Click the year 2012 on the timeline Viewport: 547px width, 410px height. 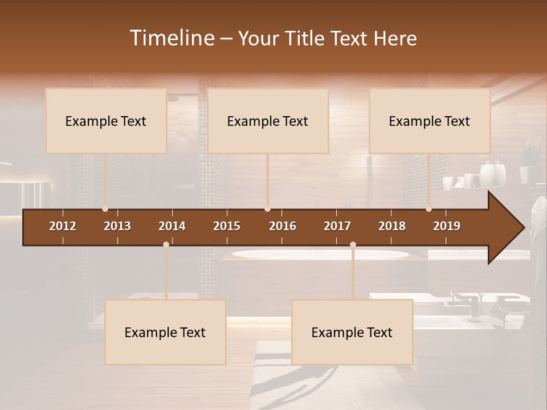[x=63, y=226]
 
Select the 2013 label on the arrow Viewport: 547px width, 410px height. [x=117, y=226]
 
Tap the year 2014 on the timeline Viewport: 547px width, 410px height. [x=172, y=226]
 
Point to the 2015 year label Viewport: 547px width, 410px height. [x=227, y=226]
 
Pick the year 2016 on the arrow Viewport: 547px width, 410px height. [x=283, y=226]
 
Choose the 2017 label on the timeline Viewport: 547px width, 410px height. [x=337, y=226]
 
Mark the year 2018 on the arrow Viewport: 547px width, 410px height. [x=392, y=226]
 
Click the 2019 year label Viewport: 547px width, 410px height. [x=447, y=226]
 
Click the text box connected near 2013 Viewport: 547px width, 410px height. [x=106, y=121]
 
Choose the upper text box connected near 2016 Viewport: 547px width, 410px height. [x=268, y=121]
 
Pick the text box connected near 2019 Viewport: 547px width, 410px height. [x=430, y=121]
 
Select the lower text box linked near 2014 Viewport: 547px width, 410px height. [x=165, y=332]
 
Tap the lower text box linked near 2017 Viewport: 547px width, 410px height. [x=352, y=332]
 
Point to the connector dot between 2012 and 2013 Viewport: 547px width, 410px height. [x=105, y=209]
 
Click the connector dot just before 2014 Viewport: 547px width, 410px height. [x=166, y=244]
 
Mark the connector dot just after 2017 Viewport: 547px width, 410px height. [x=353, y=244]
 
